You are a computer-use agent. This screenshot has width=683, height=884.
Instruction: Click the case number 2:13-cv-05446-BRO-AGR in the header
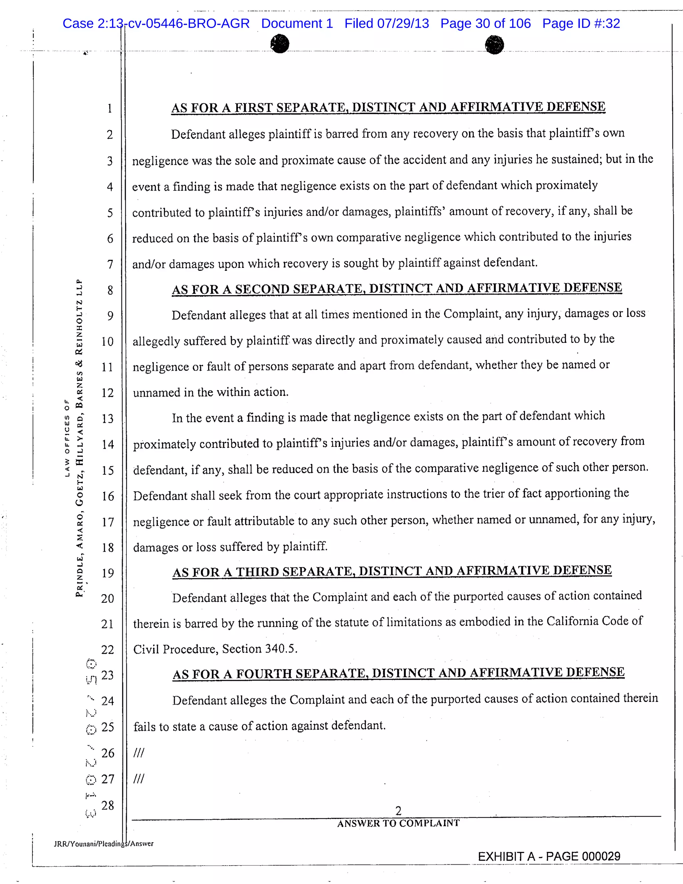click(x=156, y=23)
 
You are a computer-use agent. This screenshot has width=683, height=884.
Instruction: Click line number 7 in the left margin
click(x=110, y=264)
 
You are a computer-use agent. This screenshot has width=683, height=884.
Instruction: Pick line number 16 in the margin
click(x=108, y=496)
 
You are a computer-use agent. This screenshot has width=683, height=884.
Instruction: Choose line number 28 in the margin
click(x=108, y=806)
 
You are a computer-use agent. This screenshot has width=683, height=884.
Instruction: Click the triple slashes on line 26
click(x=139, y=753)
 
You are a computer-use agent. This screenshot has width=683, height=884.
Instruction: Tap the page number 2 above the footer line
click(x=398, y=811)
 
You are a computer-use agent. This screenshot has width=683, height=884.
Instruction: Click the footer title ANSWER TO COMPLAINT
click(x=398, y=823)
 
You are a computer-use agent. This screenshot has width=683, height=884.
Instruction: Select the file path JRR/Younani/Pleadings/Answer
click(x=104, y=844)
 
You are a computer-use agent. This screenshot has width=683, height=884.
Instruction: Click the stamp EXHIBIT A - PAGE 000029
click(x=549, y=856)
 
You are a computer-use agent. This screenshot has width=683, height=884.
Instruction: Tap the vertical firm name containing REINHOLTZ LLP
click(x=79, y=437)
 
